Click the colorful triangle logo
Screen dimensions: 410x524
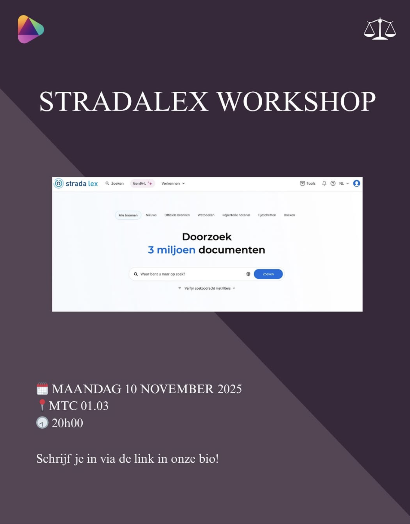pos(30,29)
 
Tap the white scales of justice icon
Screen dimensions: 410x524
pos(380,28)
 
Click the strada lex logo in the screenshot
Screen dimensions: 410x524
pos(76,183)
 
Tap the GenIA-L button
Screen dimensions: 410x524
pos(142,183)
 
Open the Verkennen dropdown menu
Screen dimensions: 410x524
pos(173,183)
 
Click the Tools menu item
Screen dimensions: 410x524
pos(308,183)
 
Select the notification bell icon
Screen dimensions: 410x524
pos(324,183)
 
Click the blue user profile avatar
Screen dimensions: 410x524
pos(357,183)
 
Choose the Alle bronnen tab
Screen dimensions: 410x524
pos(128,215)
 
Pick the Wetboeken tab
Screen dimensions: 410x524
pos(206,215)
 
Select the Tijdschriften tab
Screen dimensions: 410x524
pos(267,215)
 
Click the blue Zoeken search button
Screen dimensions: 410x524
pos(268,274)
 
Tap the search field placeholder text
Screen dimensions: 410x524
pos(163,274)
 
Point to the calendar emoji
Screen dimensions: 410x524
pos(42,389)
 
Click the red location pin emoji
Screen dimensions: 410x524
pos(42,405)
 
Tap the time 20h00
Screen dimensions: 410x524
pos(67,423)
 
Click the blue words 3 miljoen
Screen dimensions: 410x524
pos(172,250)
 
